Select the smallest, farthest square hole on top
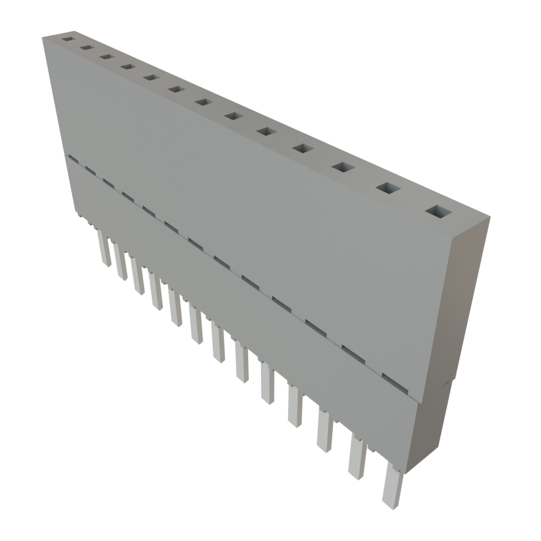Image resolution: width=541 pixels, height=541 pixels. tap(67, 39)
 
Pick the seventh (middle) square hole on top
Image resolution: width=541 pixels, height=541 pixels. tap(203, 101)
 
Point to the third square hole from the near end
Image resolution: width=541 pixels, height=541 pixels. tap(343, 167)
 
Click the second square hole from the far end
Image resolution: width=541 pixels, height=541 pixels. tap(86, 48)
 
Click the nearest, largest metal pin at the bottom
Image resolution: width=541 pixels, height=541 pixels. tap(392, 486)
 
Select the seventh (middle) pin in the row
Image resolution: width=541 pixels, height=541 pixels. tap(217, 343)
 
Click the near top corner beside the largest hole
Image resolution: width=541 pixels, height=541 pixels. tap(489, 217)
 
